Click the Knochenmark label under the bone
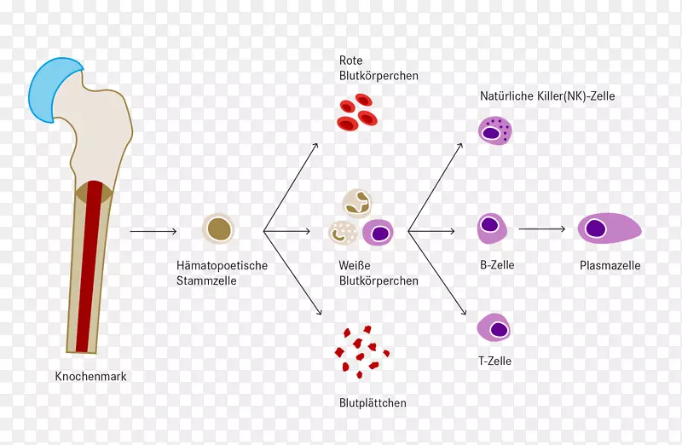tap(90, 376)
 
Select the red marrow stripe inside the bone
tap(88, 273)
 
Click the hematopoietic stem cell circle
tap(218, 229)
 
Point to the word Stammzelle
tap(206, 280)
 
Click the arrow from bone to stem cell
tap(153, 231)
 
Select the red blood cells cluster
tap(357, 116)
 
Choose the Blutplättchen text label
tap(373, 403)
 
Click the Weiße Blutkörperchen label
tap(379, 273)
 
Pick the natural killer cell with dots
tap(494, 130)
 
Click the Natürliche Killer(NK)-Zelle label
tap(546, 96)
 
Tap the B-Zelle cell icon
tap(492, 228)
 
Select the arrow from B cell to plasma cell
tap(542, 228)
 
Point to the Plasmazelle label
tap(610, 265)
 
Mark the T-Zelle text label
tap(494, 361)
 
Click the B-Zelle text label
tap(497, 265)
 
